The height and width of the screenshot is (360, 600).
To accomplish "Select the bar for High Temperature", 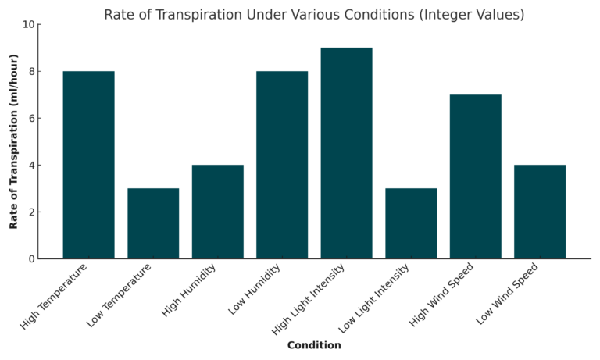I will (88, 165).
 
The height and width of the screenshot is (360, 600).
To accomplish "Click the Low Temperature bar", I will (153, 223).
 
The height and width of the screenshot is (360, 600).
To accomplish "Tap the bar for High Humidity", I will (217, 212).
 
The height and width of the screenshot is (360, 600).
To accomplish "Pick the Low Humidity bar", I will (282, 165).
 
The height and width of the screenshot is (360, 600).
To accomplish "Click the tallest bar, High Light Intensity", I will (346, 153).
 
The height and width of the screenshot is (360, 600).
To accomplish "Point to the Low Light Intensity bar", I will (411, 223).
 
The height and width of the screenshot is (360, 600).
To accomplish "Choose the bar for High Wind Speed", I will (475, 176).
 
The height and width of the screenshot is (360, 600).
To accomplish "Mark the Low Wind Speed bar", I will (540, 212).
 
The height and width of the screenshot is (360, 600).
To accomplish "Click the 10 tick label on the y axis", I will (28, 24).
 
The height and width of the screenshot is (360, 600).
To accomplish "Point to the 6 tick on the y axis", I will (31, 119).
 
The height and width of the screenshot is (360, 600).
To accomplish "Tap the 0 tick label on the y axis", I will (31, 259).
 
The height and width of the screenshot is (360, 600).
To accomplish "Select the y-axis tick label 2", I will (31, 212).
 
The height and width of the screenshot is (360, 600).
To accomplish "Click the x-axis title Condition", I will (314, 345).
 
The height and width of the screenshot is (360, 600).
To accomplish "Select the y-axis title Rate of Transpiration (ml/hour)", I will (14, 141).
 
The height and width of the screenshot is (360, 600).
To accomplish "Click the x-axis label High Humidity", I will (189, 290).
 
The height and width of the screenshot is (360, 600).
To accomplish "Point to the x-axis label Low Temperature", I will (120, 294).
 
